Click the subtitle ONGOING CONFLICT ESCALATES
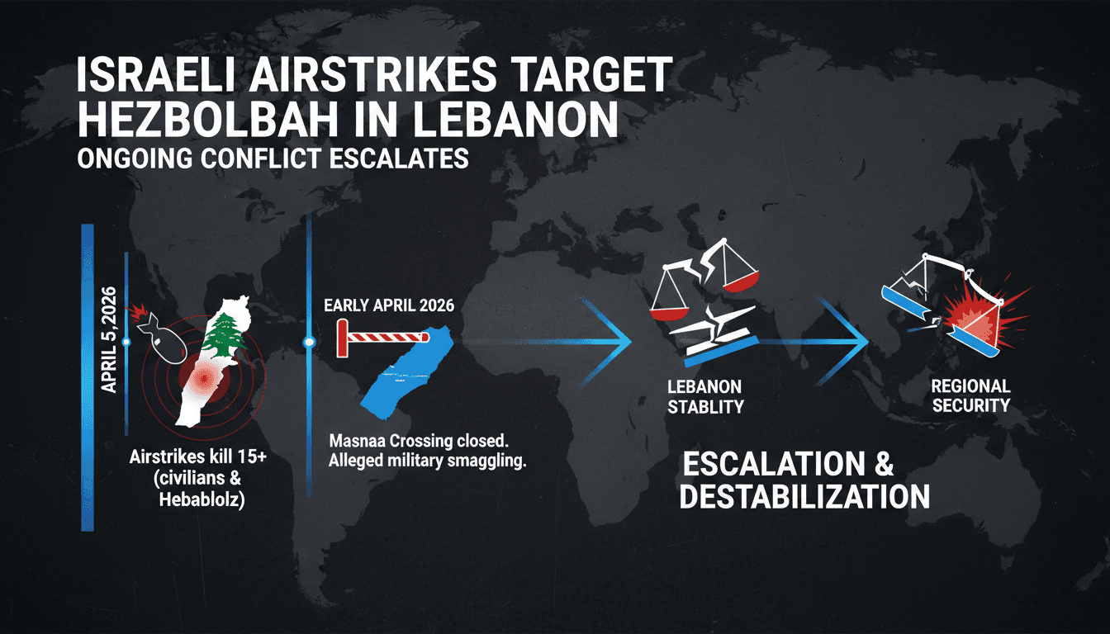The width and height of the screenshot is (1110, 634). [x=272, y=158]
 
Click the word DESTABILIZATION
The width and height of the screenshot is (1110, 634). [x=806, y=496]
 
